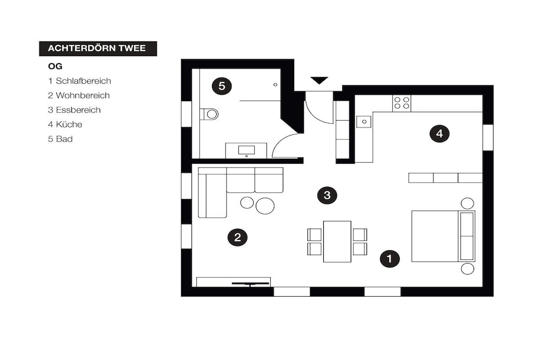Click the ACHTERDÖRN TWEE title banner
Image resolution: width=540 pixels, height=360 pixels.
[98, 48]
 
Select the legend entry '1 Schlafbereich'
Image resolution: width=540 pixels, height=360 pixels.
[80, 81]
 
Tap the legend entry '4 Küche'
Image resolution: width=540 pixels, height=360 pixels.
[65, 124]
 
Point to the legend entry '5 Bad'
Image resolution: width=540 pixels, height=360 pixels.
[60, 139]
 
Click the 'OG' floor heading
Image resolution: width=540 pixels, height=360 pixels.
[55, 66]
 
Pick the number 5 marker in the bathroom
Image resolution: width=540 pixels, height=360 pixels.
[222, 86]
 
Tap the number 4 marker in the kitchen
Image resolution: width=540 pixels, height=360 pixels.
[439, 133]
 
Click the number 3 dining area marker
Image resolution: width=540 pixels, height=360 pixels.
[327, 195]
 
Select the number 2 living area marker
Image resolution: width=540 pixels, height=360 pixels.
[238, 237]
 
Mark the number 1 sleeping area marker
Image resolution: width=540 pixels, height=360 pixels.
[390, 258]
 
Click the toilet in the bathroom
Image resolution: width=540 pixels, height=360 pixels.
[209, 114]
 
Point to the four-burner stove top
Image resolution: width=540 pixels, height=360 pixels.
[401, 103]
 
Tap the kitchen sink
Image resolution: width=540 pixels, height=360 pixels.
[364, 121]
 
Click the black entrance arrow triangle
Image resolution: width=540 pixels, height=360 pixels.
[319, 80]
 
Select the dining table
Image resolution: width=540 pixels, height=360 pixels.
[337, 241]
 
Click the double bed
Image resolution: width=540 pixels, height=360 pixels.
[443, 236]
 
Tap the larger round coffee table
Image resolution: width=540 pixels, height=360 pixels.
[265, 206]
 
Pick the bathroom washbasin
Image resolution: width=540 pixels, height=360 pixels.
[247, 150]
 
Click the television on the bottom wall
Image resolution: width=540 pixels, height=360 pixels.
[250, 284]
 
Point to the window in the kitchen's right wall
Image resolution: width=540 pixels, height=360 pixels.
[488, 138]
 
